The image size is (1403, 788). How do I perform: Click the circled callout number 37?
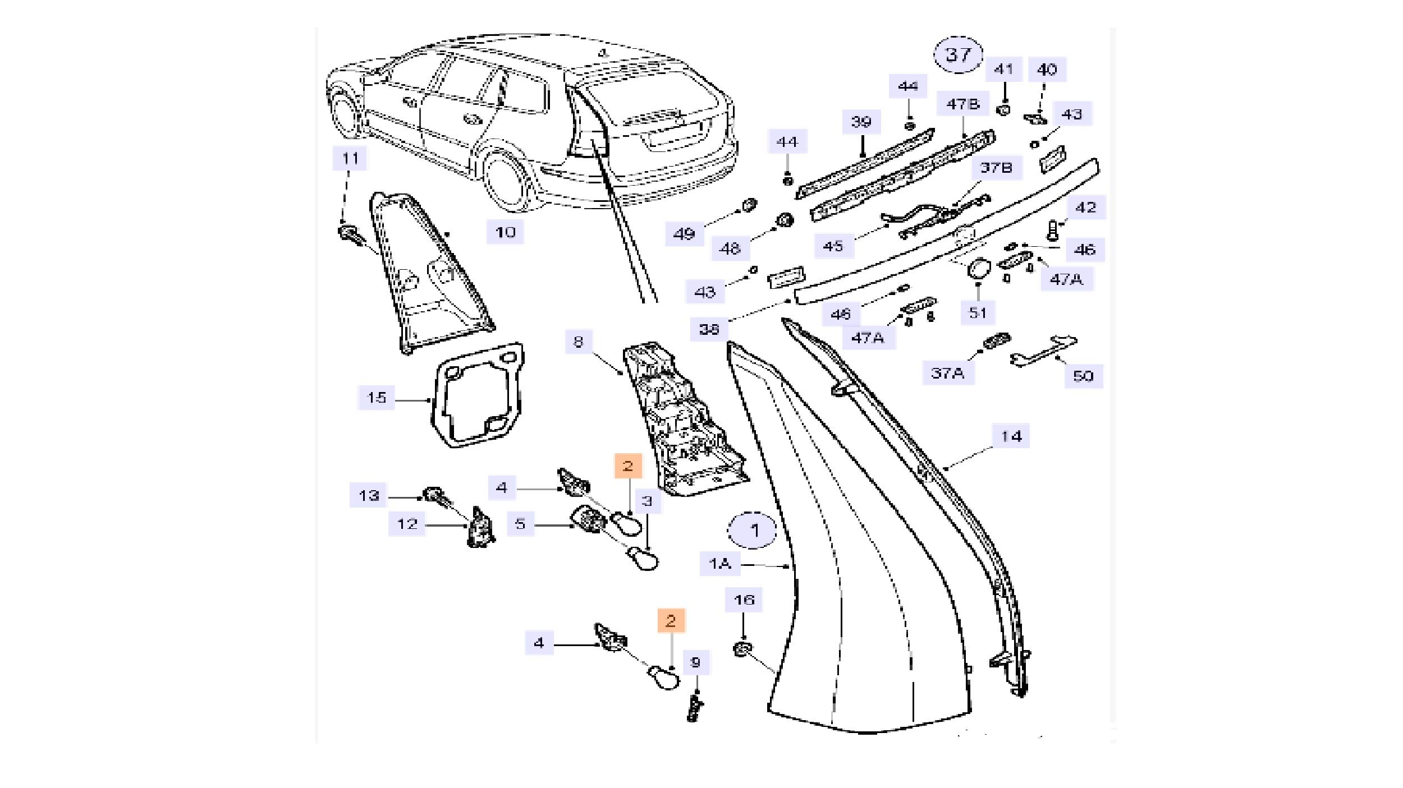click(958, 55)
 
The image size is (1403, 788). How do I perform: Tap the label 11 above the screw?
click(350, 158)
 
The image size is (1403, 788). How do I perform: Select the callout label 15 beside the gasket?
click(376, 398)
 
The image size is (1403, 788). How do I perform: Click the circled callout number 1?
click(754, 530)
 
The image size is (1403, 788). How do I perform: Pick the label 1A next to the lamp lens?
click(719, 563)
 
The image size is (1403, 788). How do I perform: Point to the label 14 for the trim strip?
click(1011, 436)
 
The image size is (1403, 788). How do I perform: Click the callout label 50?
click(1083, 375)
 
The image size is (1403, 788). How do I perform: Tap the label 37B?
click(995, 167)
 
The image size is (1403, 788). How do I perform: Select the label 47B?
click(962, 104)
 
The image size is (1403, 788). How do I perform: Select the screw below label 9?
click(695, 709)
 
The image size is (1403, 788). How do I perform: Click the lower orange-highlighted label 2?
click(671, 621)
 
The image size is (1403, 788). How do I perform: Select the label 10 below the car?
click(505, 232)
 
